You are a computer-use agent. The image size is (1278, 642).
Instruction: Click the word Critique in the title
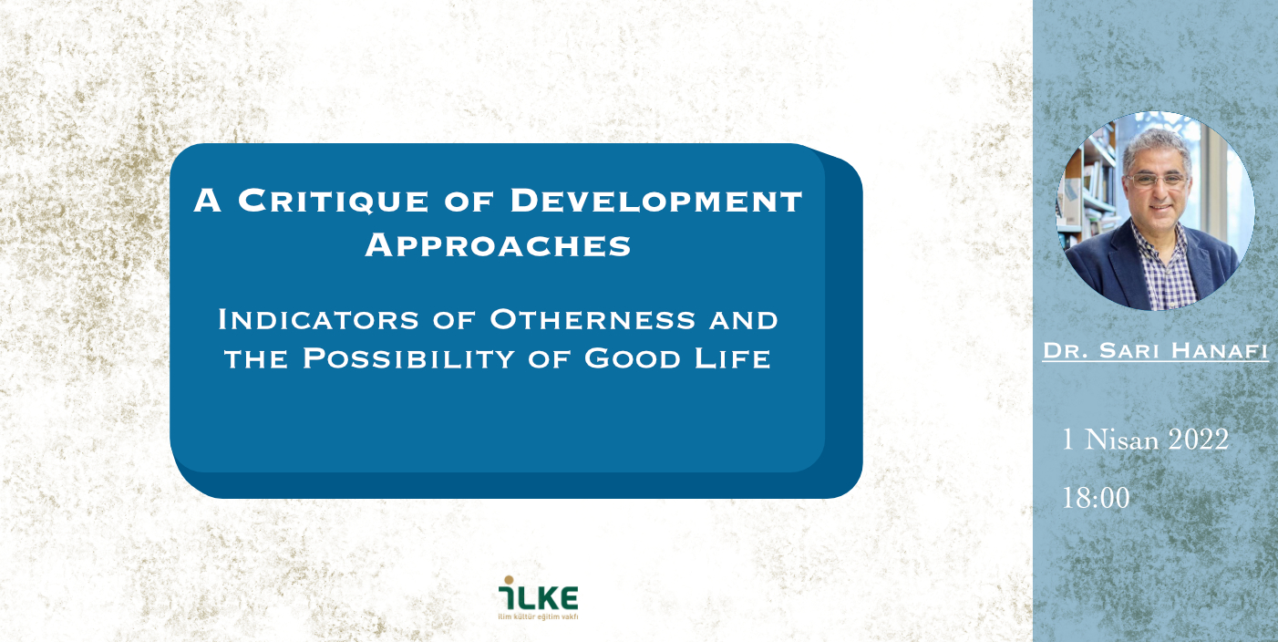[333, 201]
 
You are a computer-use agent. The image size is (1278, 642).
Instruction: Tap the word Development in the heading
[656, 201]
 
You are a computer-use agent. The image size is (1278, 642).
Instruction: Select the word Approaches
[498, 245]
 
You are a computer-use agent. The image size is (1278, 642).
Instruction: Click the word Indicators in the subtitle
[318, 319]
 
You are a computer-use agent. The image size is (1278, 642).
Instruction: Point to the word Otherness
[593, 319]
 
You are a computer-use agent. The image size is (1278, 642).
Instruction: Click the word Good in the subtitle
[632, 358]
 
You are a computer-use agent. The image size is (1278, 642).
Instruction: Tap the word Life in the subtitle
[733, 358]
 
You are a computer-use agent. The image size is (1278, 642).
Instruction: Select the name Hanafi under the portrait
[1220, 350]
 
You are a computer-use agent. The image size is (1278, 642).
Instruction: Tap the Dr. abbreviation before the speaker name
[1065, 350]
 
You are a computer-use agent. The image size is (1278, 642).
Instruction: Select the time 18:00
[1096, 498]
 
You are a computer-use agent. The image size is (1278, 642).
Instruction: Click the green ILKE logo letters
[539, 597]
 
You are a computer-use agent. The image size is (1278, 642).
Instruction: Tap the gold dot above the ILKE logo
[509, 580]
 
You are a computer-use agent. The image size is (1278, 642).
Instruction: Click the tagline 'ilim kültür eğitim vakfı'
[538, 616]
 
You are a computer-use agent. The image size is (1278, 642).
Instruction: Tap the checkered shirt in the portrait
[1164, 268]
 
